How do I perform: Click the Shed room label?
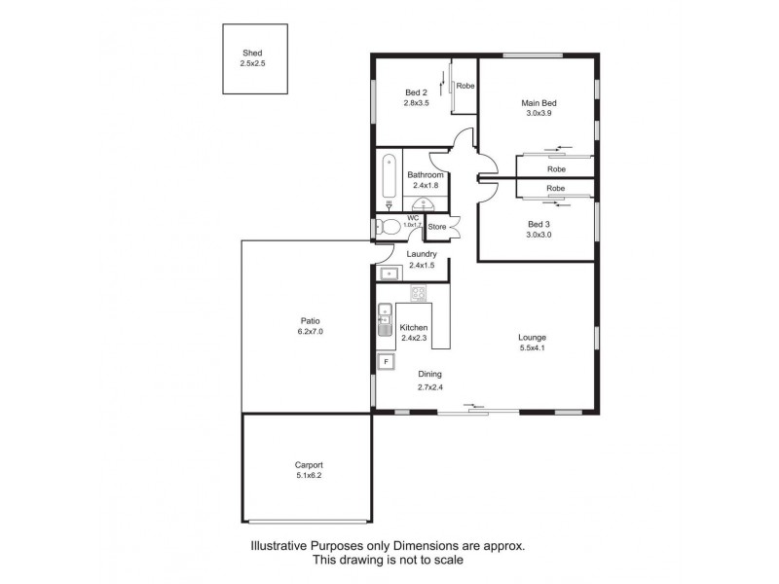point(252,53)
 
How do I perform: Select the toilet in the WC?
point(389,228)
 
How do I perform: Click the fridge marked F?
point(386,361)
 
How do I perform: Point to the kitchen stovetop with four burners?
point(419,293)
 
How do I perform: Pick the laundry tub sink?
point(389,274)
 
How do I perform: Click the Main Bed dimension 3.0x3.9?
point(539,113)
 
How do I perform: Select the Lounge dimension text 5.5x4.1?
point(532,347)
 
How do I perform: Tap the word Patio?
point(310,321)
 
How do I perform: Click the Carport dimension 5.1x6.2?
point(309,475)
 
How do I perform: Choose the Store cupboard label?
point(437,227)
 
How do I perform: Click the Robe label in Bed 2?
point(465,86)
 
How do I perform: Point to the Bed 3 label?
point(538,224)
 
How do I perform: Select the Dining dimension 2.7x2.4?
point(430,387)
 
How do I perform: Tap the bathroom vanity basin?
point(425,203)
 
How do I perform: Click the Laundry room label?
point(422,254)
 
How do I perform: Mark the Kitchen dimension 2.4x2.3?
point(414,338)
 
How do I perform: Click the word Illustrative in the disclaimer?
point(278,546)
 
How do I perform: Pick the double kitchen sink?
point(385,319)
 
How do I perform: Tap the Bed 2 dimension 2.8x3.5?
point(417,103)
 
